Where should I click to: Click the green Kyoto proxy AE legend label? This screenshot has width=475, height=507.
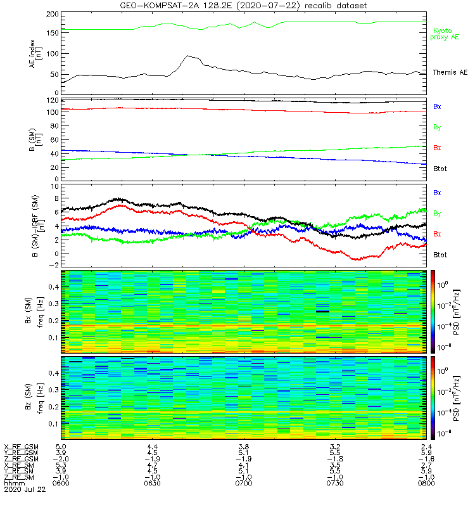[x=446, y=34]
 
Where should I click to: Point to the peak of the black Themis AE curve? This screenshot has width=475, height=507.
[x=188, y=56]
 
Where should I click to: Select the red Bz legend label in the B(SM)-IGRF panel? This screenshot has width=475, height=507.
[x=437, y=234]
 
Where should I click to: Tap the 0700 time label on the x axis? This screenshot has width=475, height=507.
[x=243, y=483]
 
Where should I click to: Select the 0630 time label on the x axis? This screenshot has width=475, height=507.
[x=152, y=483]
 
